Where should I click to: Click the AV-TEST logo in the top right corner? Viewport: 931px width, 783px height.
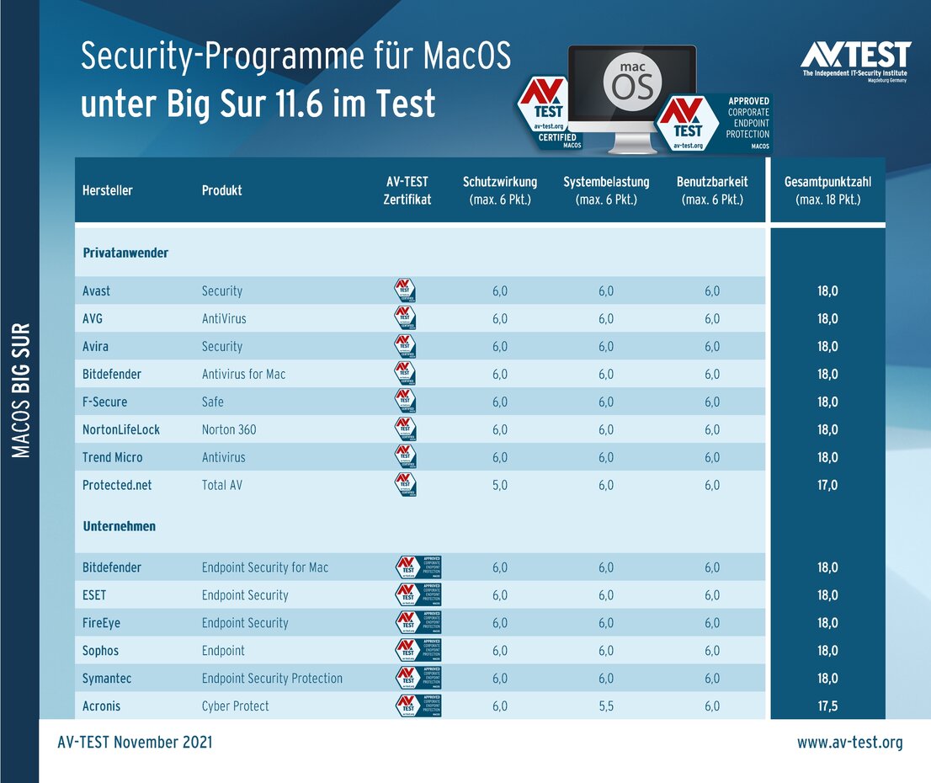tap(854, 61)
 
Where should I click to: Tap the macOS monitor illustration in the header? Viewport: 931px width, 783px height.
tap(632, 97)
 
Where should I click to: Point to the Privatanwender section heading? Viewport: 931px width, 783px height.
tap(125, 253)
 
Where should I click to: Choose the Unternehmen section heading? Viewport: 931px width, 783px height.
tap(119, 526)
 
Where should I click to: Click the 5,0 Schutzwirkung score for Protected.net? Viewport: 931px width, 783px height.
tap(500, 485)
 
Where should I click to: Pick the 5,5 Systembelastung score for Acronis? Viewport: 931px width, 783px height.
tap(606, 706)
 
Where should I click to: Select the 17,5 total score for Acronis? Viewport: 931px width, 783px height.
tap(827, 706)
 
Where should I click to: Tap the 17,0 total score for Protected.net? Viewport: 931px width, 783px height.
tap(827, 485)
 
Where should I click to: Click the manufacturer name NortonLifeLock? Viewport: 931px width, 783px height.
tap(121, 429)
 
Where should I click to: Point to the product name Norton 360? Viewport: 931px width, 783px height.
tap(229, 429)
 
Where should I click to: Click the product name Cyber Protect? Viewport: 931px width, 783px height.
tap(236, 706)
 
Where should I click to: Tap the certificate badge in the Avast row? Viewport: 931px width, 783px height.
tap(406, 290)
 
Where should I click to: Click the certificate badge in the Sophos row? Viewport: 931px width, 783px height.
tap(418, 650)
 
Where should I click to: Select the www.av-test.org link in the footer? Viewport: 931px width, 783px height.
tap(849, 742)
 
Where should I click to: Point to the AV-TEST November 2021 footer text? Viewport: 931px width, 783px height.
tap(135, 742)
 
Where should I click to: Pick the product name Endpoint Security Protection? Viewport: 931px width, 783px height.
tap(272, 678)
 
